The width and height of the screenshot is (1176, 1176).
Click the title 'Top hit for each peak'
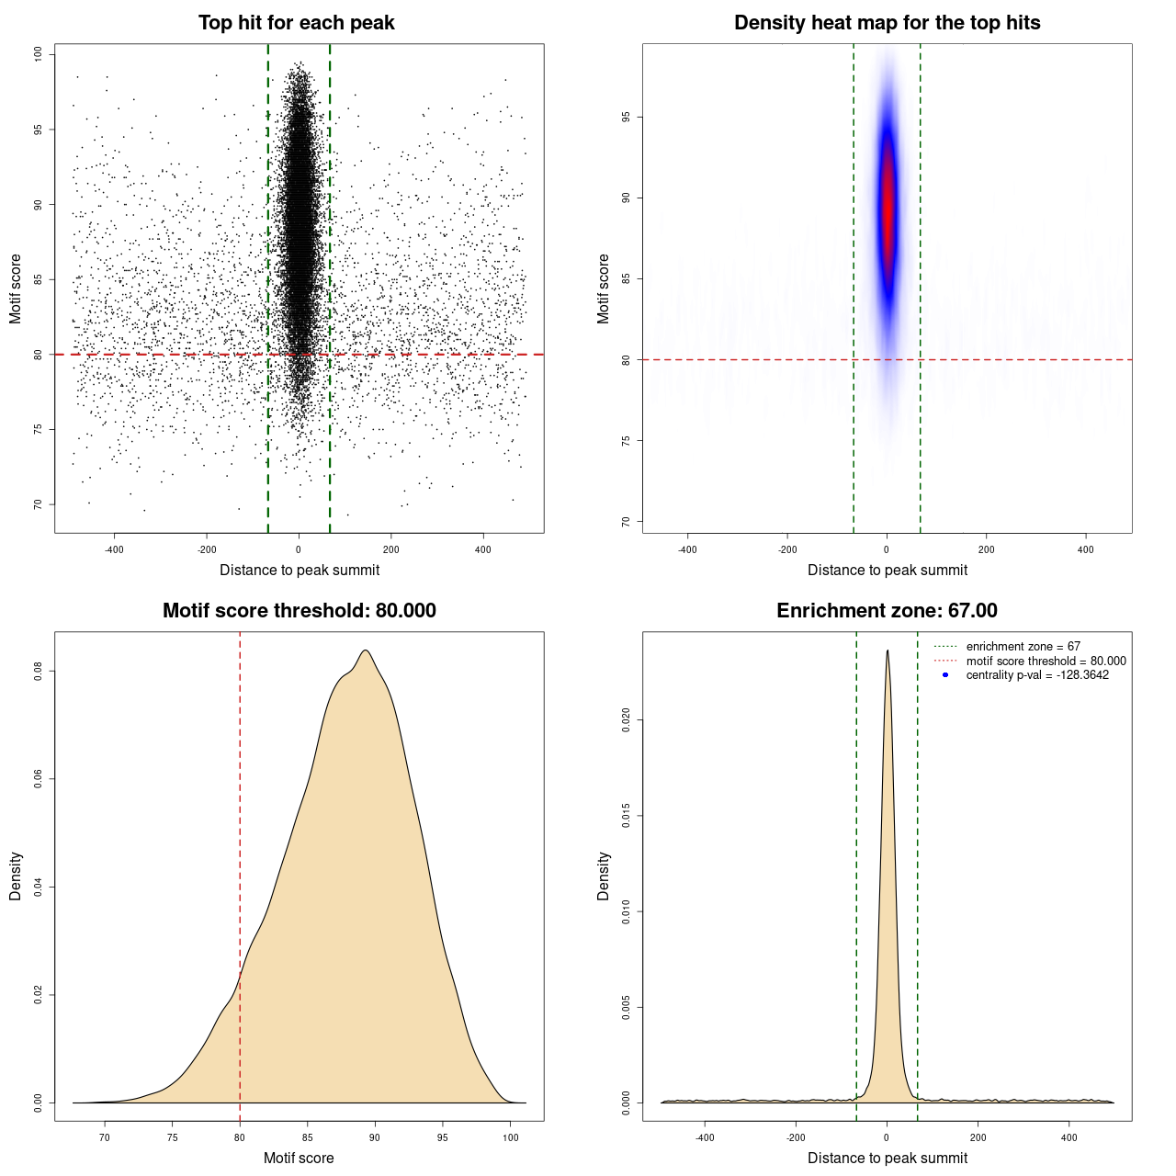click(296, 23)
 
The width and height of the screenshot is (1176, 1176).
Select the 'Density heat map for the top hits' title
click(887, 23)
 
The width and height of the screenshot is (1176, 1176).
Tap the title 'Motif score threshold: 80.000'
click(299, 611)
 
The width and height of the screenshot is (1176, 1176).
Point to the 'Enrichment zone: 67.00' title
click(887, 611)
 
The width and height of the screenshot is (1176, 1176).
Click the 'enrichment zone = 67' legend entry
click(1023, 647)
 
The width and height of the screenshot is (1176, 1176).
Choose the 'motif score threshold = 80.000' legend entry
click(1046, 661)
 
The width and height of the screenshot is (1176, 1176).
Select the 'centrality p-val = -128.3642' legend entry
click(1037, 675)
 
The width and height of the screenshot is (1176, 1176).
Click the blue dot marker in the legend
click(945, 675)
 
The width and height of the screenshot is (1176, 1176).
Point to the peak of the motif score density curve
click(366, 650)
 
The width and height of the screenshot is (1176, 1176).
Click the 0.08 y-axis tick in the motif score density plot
click(39, 672)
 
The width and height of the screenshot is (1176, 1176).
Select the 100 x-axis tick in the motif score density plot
click(511, 1137)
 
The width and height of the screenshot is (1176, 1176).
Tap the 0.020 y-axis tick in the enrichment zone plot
click(627, 720)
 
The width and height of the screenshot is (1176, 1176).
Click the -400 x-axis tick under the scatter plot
click(114, 549)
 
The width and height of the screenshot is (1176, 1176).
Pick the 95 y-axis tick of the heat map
click(627, 118)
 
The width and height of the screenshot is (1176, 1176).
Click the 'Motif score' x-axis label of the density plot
click(299, 1158)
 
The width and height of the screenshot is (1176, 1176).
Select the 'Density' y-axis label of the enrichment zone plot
click(604, 876)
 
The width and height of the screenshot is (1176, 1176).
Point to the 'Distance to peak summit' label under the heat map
click(887, 570)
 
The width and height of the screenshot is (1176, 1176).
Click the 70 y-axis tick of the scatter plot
click(39, 504)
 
